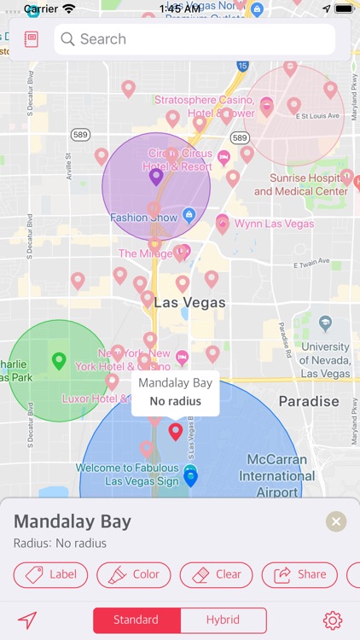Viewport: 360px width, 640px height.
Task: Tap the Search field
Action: pyautogui.click(x=200, y=39)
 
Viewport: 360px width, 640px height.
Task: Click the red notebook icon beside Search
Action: pyautogui.click(x=32, y=39)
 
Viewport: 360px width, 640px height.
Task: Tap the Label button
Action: pyautogui.click(x=51, y=574)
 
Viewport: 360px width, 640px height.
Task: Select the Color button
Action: pyautogui.click(x=135, y=574)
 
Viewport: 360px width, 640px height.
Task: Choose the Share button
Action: pyautogui.click(x=299, y=574)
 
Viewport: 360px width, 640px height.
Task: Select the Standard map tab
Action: pyautogui.click(x=136, y=620)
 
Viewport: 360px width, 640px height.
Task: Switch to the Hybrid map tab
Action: pyautogui.click(x=223, y=620)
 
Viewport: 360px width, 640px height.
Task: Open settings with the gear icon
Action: pyautogui.click(x=333, y=620)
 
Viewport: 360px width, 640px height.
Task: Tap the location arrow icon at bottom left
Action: pyautogui.click(x=28, y=620)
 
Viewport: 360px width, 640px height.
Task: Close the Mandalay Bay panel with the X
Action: pyautogui.click(x=336, y=522)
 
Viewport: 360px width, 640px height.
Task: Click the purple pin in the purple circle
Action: pyautogui.click(x=156, y=177)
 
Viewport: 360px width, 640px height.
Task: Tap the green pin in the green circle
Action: pyautogui.click(x=59, y=360)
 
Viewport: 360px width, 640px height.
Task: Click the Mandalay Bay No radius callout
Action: pyautogui.click(x=175, y=393)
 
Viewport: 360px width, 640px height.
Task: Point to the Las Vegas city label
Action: pyautogui.click(x=190, y=303)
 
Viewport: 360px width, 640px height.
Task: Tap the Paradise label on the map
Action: pyautogui.click(x=309, y=401)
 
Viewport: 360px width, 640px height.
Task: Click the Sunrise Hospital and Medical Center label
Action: pyautogui.click(x=301, y=184)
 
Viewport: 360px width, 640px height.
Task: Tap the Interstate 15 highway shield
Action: pyautogui.click(x=243, y=65)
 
